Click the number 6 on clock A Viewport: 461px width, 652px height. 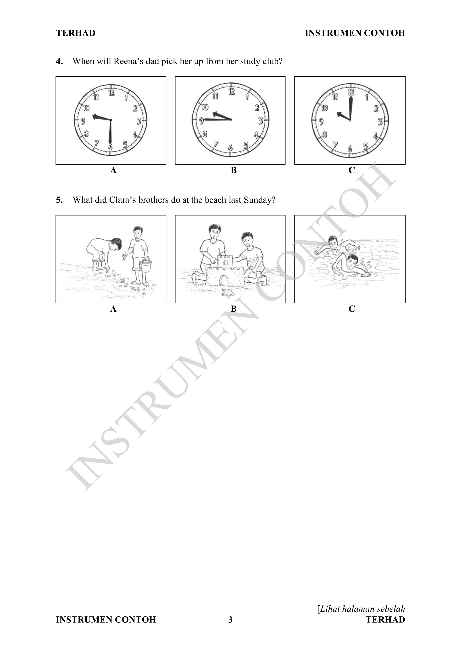pos(110,147)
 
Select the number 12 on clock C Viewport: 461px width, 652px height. pos(351,92)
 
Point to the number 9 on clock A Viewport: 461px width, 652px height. pos(83,121)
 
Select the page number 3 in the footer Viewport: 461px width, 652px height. pos(230,619)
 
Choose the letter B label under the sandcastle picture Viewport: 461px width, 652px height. pos(234,309)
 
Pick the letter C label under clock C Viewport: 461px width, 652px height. pos(351,170)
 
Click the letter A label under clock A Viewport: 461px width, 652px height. pos(113,170)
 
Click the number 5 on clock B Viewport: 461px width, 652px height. pos(246,145)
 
